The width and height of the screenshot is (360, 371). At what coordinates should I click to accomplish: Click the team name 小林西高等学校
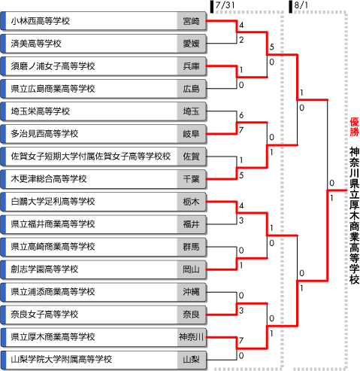coord(41,21)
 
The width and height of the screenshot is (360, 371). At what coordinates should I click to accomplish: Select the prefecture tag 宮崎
coord(191,21)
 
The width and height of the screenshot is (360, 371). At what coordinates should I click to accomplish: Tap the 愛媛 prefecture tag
coord(191,44)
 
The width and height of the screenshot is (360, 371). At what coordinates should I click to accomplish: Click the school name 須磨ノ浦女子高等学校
coord(53,66)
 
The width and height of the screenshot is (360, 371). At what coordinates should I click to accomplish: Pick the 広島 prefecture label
coord(191,89)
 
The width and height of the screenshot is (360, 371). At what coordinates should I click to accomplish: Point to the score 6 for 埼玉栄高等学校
coord(241,115)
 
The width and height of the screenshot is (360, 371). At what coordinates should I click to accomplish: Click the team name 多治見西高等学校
coord(44,134)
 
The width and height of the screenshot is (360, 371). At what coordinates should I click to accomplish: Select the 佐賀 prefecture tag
coord(191,157)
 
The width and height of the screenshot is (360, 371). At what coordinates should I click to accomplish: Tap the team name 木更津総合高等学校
coord(49,179)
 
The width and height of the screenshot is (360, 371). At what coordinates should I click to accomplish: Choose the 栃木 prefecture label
coord(191,202)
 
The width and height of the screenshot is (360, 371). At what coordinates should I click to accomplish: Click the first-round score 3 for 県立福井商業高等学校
coord(241,220)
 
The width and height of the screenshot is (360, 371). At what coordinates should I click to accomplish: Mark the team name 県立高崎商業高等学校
coord(53,247)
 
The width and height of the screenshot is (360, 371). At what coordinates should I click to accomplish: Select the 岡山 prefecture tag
coord(191,269)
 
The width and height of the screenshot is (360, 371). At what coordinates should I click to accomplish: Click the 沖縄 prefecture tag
coord(191,292)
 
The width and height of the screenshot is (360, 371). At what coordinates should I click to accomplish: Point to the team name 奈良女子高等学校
coord(44,315)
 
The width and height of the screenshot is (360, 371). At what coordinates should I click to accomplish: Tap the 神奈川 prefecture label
coord(191,337)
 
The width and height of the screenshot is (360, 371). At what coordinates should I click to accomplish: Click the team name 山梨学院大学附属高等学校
coord(62,360)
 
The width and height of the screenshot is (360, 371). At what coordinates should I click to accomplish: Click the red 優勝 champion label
coord(355,127)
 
